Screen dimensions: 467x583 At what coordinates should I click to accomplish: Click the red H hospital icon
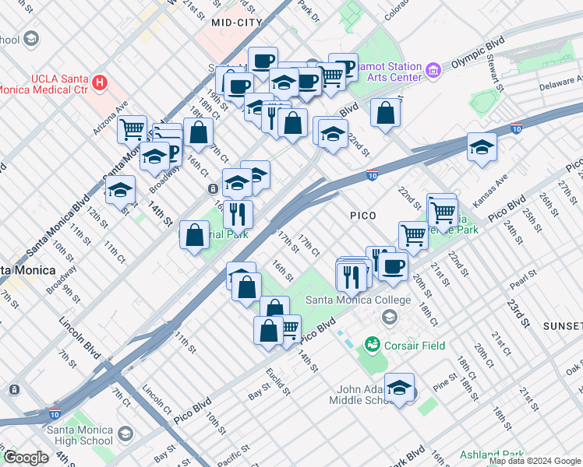coord(99,82)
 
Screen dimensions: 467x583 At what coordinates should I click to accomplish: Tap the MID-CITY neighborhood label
coord(236,23)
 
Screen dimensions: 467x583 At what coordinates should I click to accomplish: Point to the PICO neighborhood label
coord(363,216)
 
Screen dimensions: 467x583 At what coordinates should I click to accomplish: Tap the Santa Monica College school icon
coord(389,316)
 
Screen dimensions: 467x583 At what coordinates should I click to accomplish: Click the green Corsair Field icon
coord(372,344)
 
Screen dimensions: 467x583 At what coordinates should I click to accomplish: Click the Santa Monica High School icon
coord(125,433)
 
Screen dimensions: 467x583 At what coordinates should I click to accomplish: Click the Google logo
coord(26,458)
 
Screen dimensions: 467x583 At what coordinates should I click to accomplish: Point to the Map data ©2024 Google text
coord(535,461)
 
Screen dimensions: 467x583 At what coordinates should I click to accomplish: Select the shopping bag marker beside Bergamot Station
coord(385,113)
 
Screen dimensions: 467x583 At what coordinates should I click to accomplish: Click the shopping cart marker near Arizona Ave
coord(132,128)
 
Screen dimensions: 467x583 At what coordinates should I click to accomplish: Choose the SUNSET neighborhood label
coord(565,325)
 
